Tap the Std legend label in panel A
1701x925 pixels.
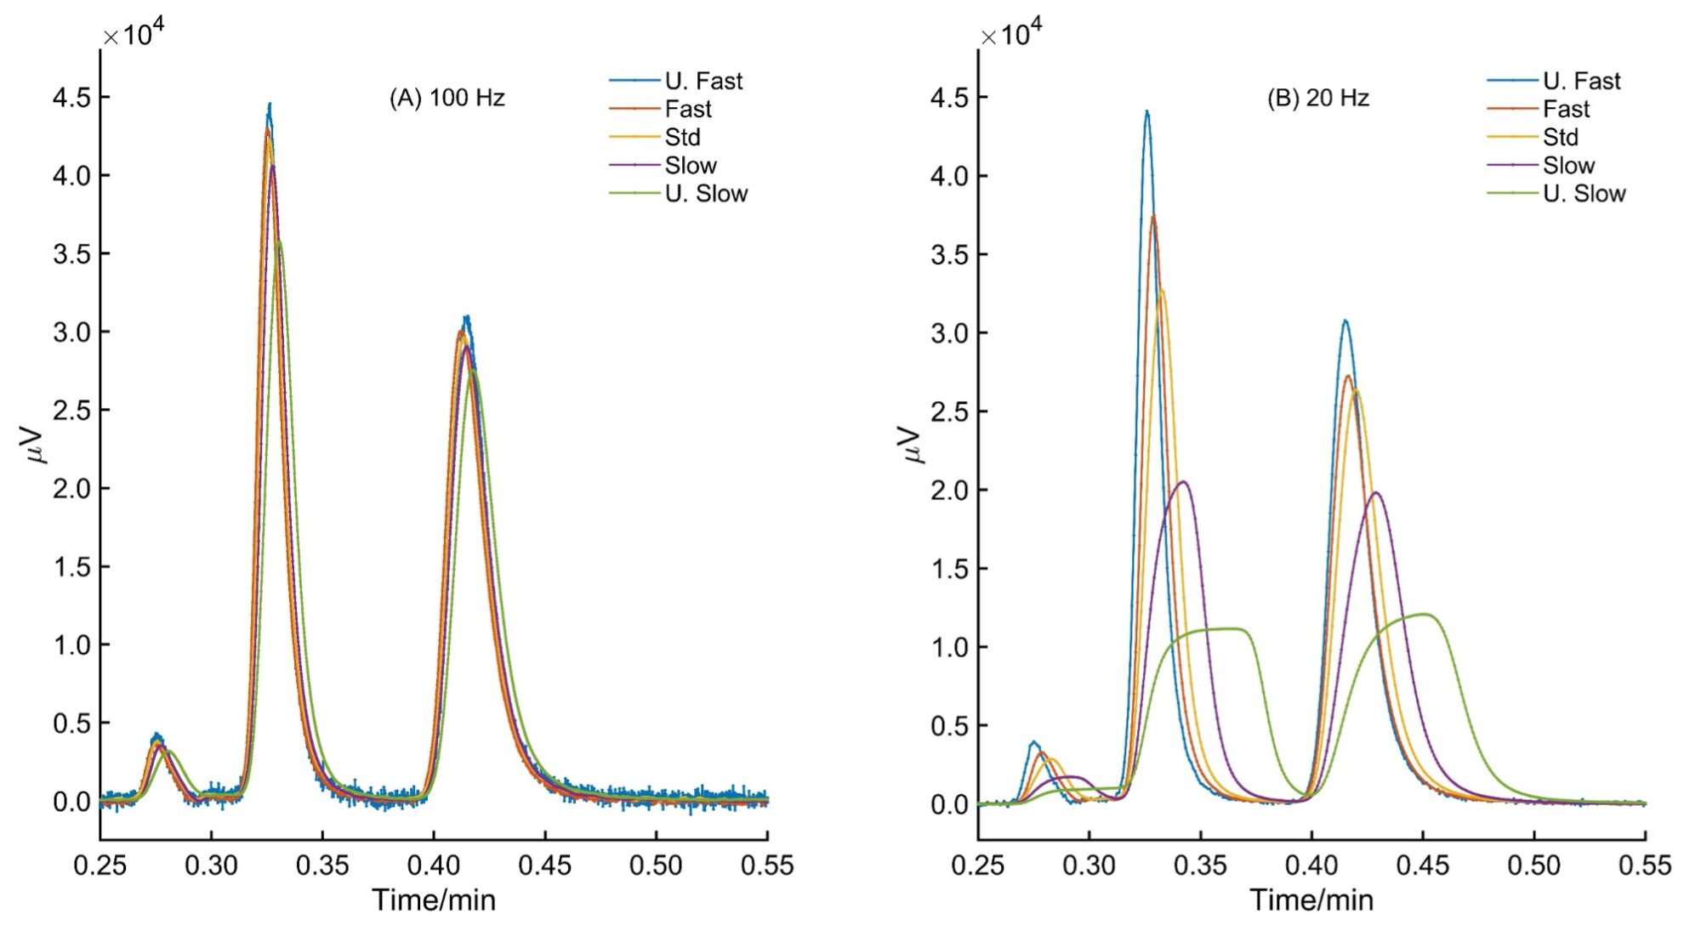click(x=682, y=137)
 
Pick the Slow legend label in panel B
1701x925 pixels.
click(x=1568, y=165)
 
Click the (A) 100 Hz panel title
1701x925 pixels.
click(x=447, y=98)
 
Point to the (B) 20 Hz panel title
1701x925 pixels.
click(x=1317, y=98)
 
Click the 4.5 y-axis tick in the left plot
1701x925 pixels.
click(x=71, y=98)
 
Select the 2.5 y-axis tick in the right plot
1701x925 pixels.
click(x=949, y=411)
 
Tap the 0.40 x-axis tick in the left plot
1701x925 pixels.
click(x=434, y=865)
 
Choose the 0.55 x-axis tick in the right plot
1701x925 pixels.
click(x=1644, y=865)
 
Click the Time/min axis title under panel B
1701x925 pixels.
click(x=1311, y=899)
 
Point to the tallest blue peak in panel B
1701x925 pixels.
click(x=1146, y=111)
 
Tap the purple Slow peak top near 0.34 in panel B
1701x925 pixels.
click(x=1182, y=482)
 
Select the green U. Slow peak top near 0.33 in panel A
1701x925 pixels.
click(x=278, y=241)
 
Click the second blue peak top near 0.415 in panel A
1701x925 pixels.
click(x=466, y=317)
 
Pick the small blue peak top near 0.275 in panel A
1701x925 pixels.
click(x=156, y=735)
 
